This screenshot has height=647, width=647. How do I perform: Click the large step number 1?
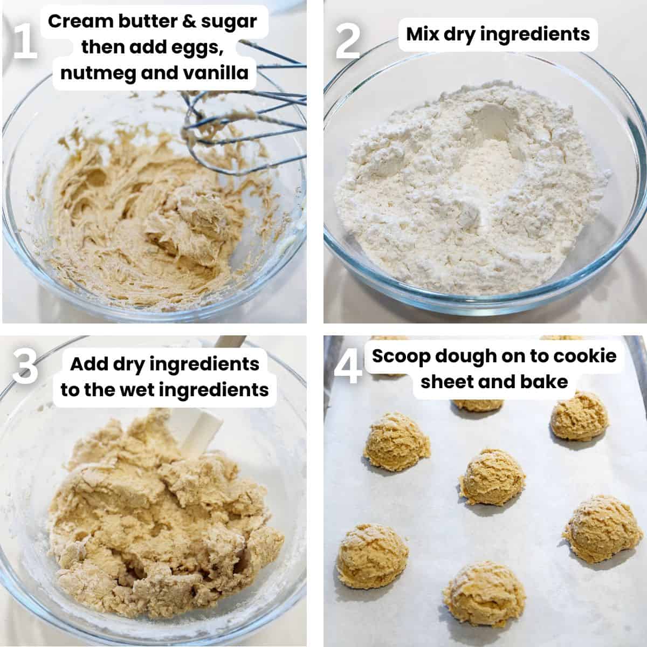[24, 43]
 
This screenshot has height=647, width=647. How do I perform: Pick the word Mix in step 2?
[424, 34]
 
